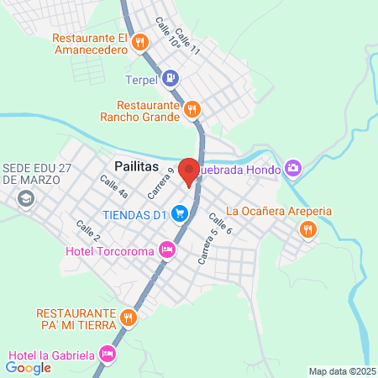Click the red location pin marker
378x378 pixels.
click(x=190, y=171)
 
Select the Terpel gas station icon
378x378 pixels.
click(x=171, y=80)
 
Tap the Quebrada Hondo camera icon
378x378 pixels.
click(x=292, y=168)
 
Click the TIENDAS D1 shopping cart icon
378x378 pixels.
click(x=179, y=214)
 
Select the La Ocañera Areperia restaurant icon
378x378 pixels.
click(x=308, y=228)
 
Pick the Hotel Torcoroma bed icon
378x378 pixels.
click(x=167, y=249)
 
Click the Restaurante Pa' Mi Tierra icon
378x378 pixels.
click(x=128, y=317)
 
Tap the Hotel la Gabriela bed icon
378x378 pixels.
click(x=106, y=354)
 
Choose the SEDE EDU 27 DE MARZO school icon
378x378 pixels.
click(x=26, y=199)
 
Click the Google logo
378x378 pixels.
click(x=28, y=367)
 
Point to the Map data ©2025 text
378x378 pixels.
click(x=342, y=371)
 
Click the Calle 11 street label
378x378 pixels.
click(x=190, y=45)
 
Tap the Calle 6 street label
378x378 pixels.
click(x=220, y=223)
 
